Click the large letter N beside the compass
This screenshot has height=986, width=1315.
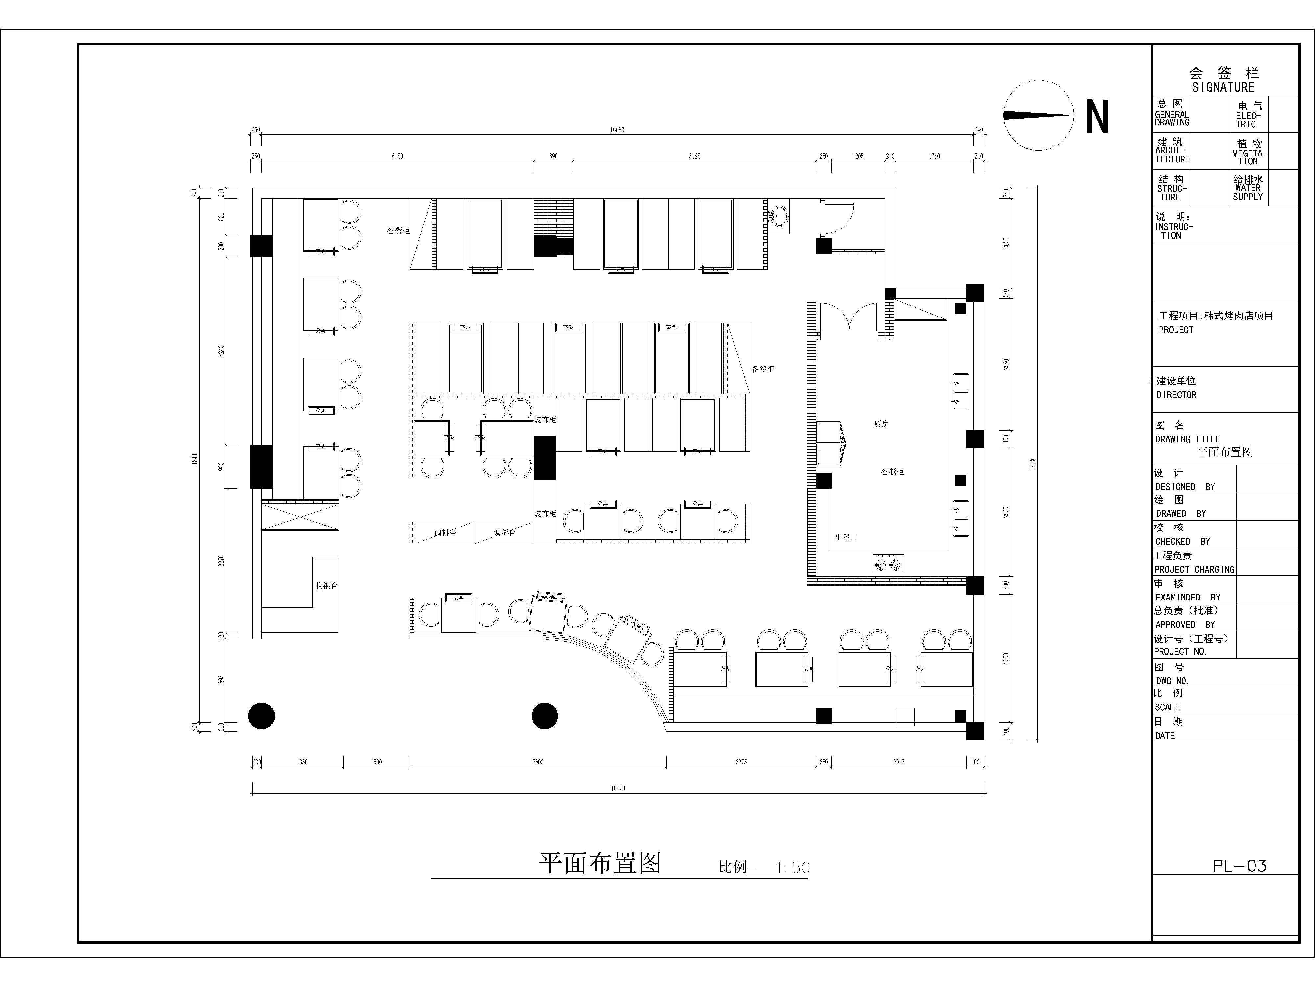click(x=1097, y=117)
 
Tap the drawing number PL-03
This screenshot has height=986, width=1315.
click(x=1239, y=866)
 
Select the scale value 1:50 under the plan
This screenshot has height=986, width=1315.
click(x=792, y=868)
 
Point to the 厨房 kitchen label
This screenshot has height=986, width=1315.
click(x=882, y=424)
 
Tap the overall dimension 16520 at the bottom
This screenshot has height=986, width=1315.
click(x=618, y=789)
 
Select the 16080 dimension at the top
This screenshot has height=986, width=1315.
click(x=617, y=129)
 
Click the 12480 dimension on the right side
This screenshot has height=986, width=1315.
click(x=1033, y=463)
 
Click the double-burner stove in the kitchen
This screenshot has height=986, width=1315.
click(x=888, y=563)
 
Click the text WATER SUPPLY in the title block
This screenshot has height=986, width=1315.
click(x=1248, y=192)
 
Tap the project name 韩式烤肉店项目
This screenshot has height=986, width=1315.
click(x=1238, y=316)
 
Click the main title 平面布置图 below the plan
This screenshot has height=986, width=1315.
click(x=600, y=863)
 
